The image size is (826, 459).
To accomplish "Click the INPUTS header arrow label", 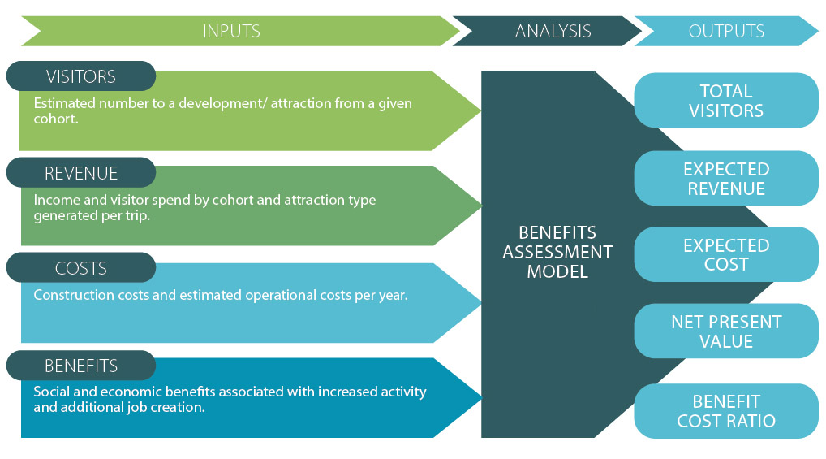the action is [x=231, y=31].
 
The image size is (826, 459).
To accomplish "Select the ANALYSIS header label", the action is [x=553, y=31].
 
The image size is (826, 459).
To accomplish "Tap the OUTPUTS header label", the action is [x=726, y=31].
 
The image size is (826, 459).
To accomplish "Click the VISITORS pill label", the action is [x=80, y=76].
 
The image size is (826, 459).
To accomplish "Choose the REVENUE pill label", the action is [x=80, y=173].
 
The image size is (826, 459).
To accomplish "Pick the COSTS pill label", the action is [x=80, y=268].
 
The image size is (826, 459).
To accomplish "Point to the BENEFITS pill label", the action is [x=80, y=366].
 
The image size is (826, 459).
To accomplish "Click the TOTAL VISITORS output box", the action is [x=726, y=100].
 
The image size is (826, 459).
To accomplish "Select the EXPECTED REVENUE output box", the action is [x=726, y=179].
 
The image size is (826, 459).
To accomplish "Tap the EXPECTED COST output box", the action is [x=726, y=254].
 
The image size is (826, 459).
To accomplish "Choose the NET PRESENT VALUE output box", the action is [x=726, y=331].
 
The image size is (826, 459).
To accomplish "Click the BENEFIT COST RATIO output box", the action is [x=726, y=411].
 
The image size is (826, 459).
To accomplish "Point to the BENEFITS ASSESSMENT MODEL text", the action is [x=557, y=252].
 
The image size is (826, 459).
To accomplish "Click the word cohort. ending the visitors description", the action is [x=56, y=119].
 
